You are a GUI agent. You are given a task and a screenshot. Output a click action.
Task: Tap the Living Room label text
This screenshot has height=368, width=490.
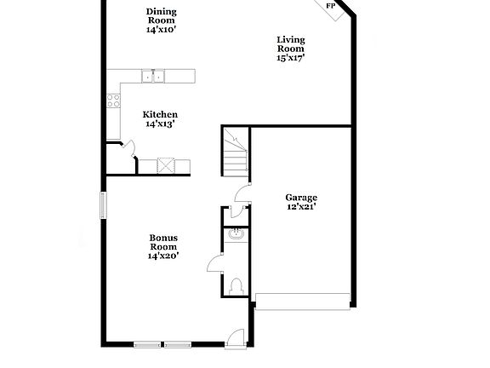point(291,44)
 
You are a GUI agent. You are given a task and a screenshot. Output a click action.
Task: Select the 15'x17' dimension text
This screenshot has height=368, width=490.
point(291,59)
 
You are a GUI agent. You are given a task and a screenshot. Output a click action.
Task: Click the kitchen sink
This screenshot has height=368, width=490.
point(156,77)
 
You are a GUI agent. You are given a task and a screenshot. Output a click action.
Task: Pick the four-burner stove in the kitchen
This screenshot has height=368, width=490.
point(114,101)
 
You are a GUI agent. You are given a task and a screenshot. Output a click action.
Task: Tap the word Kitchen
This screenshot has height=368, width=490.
point(160,114)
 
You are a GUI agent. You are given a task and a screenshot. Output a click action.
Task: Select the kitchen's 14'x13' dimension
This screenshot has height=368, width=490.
point(160,124)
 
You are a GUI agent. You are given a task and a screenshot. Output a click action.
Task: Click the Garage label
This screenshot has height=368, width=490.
point(301,197)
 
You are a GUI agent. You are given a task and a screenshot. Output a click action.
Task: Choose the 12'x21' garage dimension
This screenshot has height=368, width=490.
point(301,206)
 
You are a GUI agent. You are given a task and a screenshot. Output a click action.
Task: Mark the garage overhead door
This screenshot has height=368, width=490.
point(303,301)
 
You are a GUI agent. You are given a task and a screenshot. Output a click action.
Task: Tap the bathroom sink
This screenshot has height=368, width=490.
point(236,234)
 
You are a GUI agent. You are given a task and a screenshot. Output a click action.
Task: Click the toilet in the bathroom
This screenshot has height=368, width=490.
point(236,285)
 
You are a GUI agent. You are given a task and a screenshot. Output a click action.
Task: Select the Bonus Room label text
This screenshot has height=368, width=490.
point(162,242)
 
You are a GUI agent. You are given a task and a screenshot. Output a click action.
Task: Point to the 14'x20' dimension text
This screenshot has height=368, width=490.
point(162,255)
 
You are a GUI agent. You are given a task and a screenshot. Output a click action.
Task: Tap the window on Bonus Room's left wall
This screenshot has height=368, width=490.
point(104,204)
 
